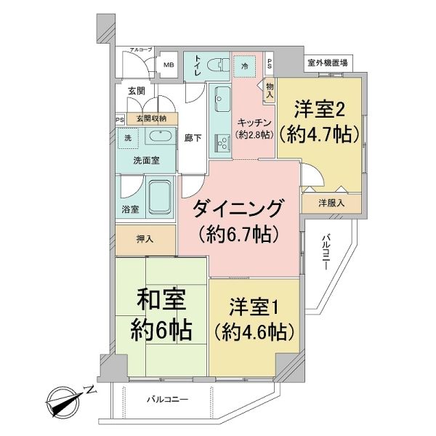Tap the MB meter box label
coord(169,65)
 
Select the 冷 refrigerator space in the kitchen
coord(245,66)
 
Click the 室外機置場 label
coord(327,62)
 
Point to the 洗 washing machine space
coord(128,138)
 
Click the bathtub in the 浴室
coord(160,197)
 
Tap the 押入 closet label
coord(145,239)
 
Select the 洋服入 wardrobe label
coord(331,203)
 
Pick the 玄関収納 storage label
coord(151,118)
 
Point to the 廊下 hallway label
coord(193,138)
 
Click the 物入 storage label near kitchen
coord(270,91)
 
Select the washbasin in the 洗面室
coord(161,137)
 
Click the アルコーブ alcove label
coord(141,49)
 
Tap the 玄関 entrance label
coord(137,91)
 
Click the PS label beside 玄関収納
coord(120,120)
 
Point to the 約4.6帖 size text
coord(254,332)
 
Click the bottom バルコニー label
coord(168,400)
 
